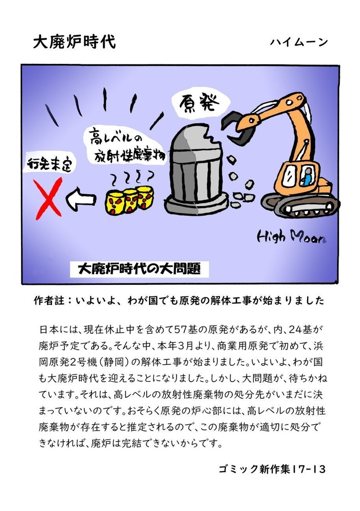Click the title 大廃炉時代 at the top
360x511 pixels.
click(x=74, y=42)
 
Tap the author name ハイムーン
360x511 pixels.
click(x=299, y=42)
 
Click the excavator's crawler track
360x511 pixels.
click(x=301, y=205)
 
